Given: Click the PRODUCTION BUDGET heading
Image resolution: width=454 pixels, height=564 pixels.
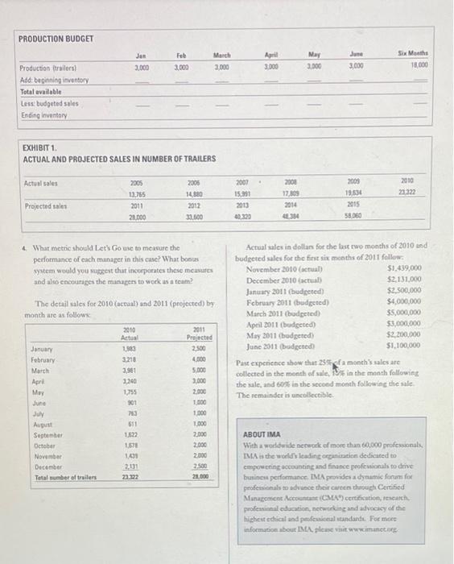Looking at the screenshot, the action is [56, 38].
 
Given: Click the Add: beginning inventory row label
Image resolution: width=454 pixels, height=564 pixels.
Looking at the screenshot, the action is [54, 81].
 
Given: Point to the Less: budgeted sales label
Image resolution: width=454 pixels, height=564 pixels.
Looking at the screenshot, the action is [48, 103].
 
